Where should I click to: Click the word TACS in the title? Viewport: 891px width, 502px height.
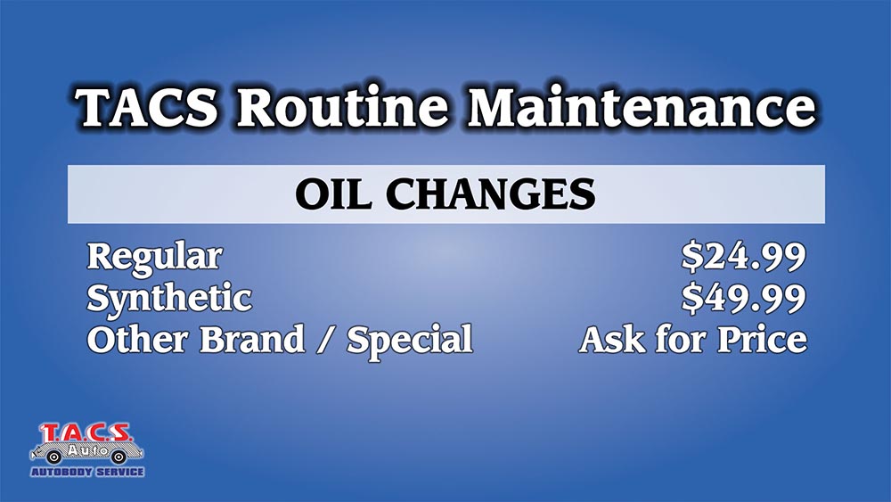[147, 107]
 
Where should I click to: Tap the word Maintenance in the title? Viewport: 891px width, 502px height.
[642, 107]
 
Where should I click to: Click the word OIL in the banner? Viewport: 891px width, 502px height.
[333, 193]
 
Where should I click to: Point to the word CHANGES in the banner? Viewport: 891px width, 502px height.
[491, 193]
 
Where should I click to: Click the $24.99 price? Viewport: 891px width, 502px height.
[744, 257]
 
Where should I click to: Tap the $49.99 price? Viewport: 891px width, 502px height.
[744, 298]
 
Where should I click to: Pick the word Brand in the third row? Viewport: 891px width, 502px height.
[252, 339]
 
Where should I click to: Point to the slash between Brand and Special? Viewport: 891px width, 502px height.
[325, 340]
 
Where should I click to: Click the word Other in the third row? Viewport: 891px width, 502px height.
[137, 339]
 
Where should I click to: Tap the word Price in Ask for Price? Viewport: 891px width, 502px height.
[762, 339]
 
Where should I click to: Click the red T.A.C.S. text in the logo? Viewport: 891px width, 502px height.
[86, 433]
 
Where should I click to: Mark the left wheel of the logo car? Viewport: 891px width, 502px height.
[54, 457]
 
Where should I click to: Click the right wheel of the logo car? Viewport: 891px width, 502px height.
[119, 457]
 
